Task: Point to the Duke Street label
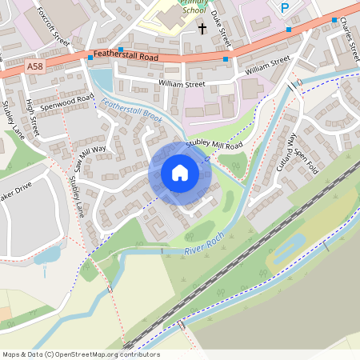pos(214,30)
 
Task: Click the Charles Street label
pos(350,37)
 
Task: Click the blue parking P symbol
pos(284,8)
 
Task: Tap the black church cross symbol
pos(202,29)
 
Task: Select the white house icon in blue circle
pos(179,172)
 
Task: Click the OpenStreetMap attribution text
pos(81,354)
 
